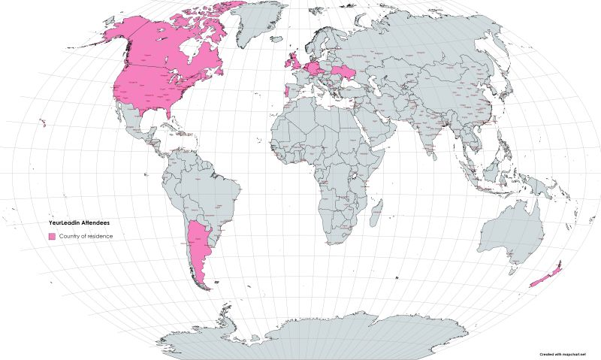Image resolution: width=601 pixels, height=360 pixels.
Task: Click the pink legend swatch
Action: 52,236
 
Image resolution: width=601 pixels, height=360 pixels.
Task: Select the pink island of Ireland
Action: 286,62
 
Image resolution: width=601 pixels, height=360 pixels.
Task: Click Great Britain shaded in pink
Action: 296,61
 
